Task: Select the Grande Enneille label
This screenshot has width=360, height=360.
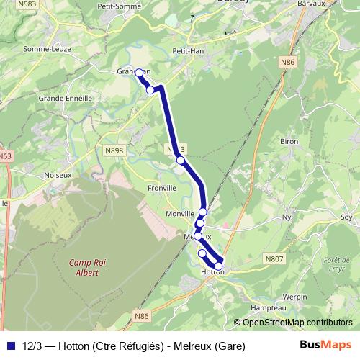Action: (63, 97)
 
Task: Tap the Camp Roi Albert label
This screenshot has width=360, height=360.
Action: (84, 267)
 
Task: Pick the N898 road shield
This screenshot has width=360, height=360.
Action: (114, 150)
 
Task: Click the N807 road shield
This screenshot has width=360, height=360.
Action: (274, 258)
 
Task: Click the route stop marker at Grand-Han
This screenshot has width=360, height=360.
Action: (139, 73)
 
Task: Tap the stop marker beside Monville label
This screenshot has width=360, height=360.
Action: (203, 212)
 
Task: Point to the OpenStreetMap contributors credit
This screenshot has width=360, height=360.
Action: (297, 323)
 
